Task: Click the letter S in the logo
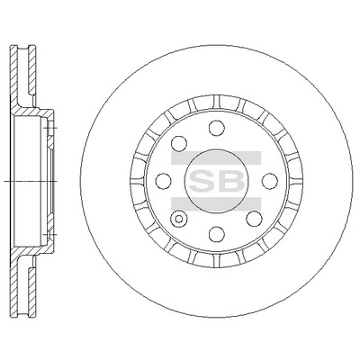coord(202,181)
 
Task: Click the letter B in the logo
coord(231,181)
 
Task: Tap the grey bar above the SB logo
coord(216,157)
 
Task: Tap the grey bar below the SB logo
coord(216,204)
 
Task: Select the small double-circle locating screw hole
coord(178,219)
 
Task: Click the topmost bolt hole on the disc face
coord(217,128)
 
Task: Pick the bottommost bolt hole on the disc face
coord(217,234)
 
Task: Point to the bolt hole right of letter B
coord(270,181)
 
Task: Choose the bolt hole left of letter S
coord(164,181)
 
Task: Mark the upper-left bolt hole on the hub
coord(179,143)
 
